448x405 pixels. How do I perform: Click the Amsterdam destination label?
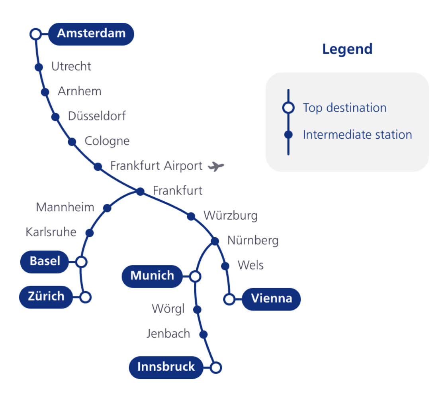pos(91,33)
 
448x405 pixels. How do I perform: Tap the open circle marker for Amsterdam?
pos(35,34)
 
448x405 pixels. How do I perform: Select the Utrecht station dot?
pos(39,67)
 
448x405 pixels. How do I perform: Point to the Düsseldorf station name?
pos(97,116)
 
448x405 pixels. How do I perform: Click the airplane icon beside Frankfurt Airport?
pos(216,166)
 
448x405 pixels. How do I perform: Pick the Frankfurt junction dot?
pos(140,192)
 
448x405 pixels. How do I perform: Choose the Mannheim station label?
pos(65,207)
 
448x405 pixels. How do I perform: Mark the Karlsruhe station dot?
pos(90,233)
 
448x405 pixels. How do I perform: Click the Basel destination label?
pos(45,261)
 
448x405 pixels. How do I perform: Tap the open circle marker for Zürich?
pos(85,297)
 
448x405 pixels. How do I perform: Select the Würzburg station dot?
pos(191,216)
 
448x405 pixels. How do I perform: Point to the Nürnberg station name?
pos(253,241)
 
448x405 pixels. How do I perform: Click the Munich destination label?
pos(152,275)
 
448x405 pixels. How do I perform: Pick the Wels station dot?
pos(225,266)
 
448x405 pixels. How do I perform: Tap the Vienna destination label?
pos(272,299)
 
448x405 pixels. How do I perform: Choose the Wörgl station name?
pos(168,309)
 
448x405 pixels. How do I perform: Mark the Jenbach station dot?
pos(203,334)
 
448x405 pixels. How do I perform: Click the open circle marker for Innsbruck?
pos(215,368)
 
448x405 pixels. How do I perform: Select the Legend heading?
pos(347,49)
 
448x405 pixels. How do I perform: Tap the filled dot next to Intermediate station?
pos(288,135)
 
